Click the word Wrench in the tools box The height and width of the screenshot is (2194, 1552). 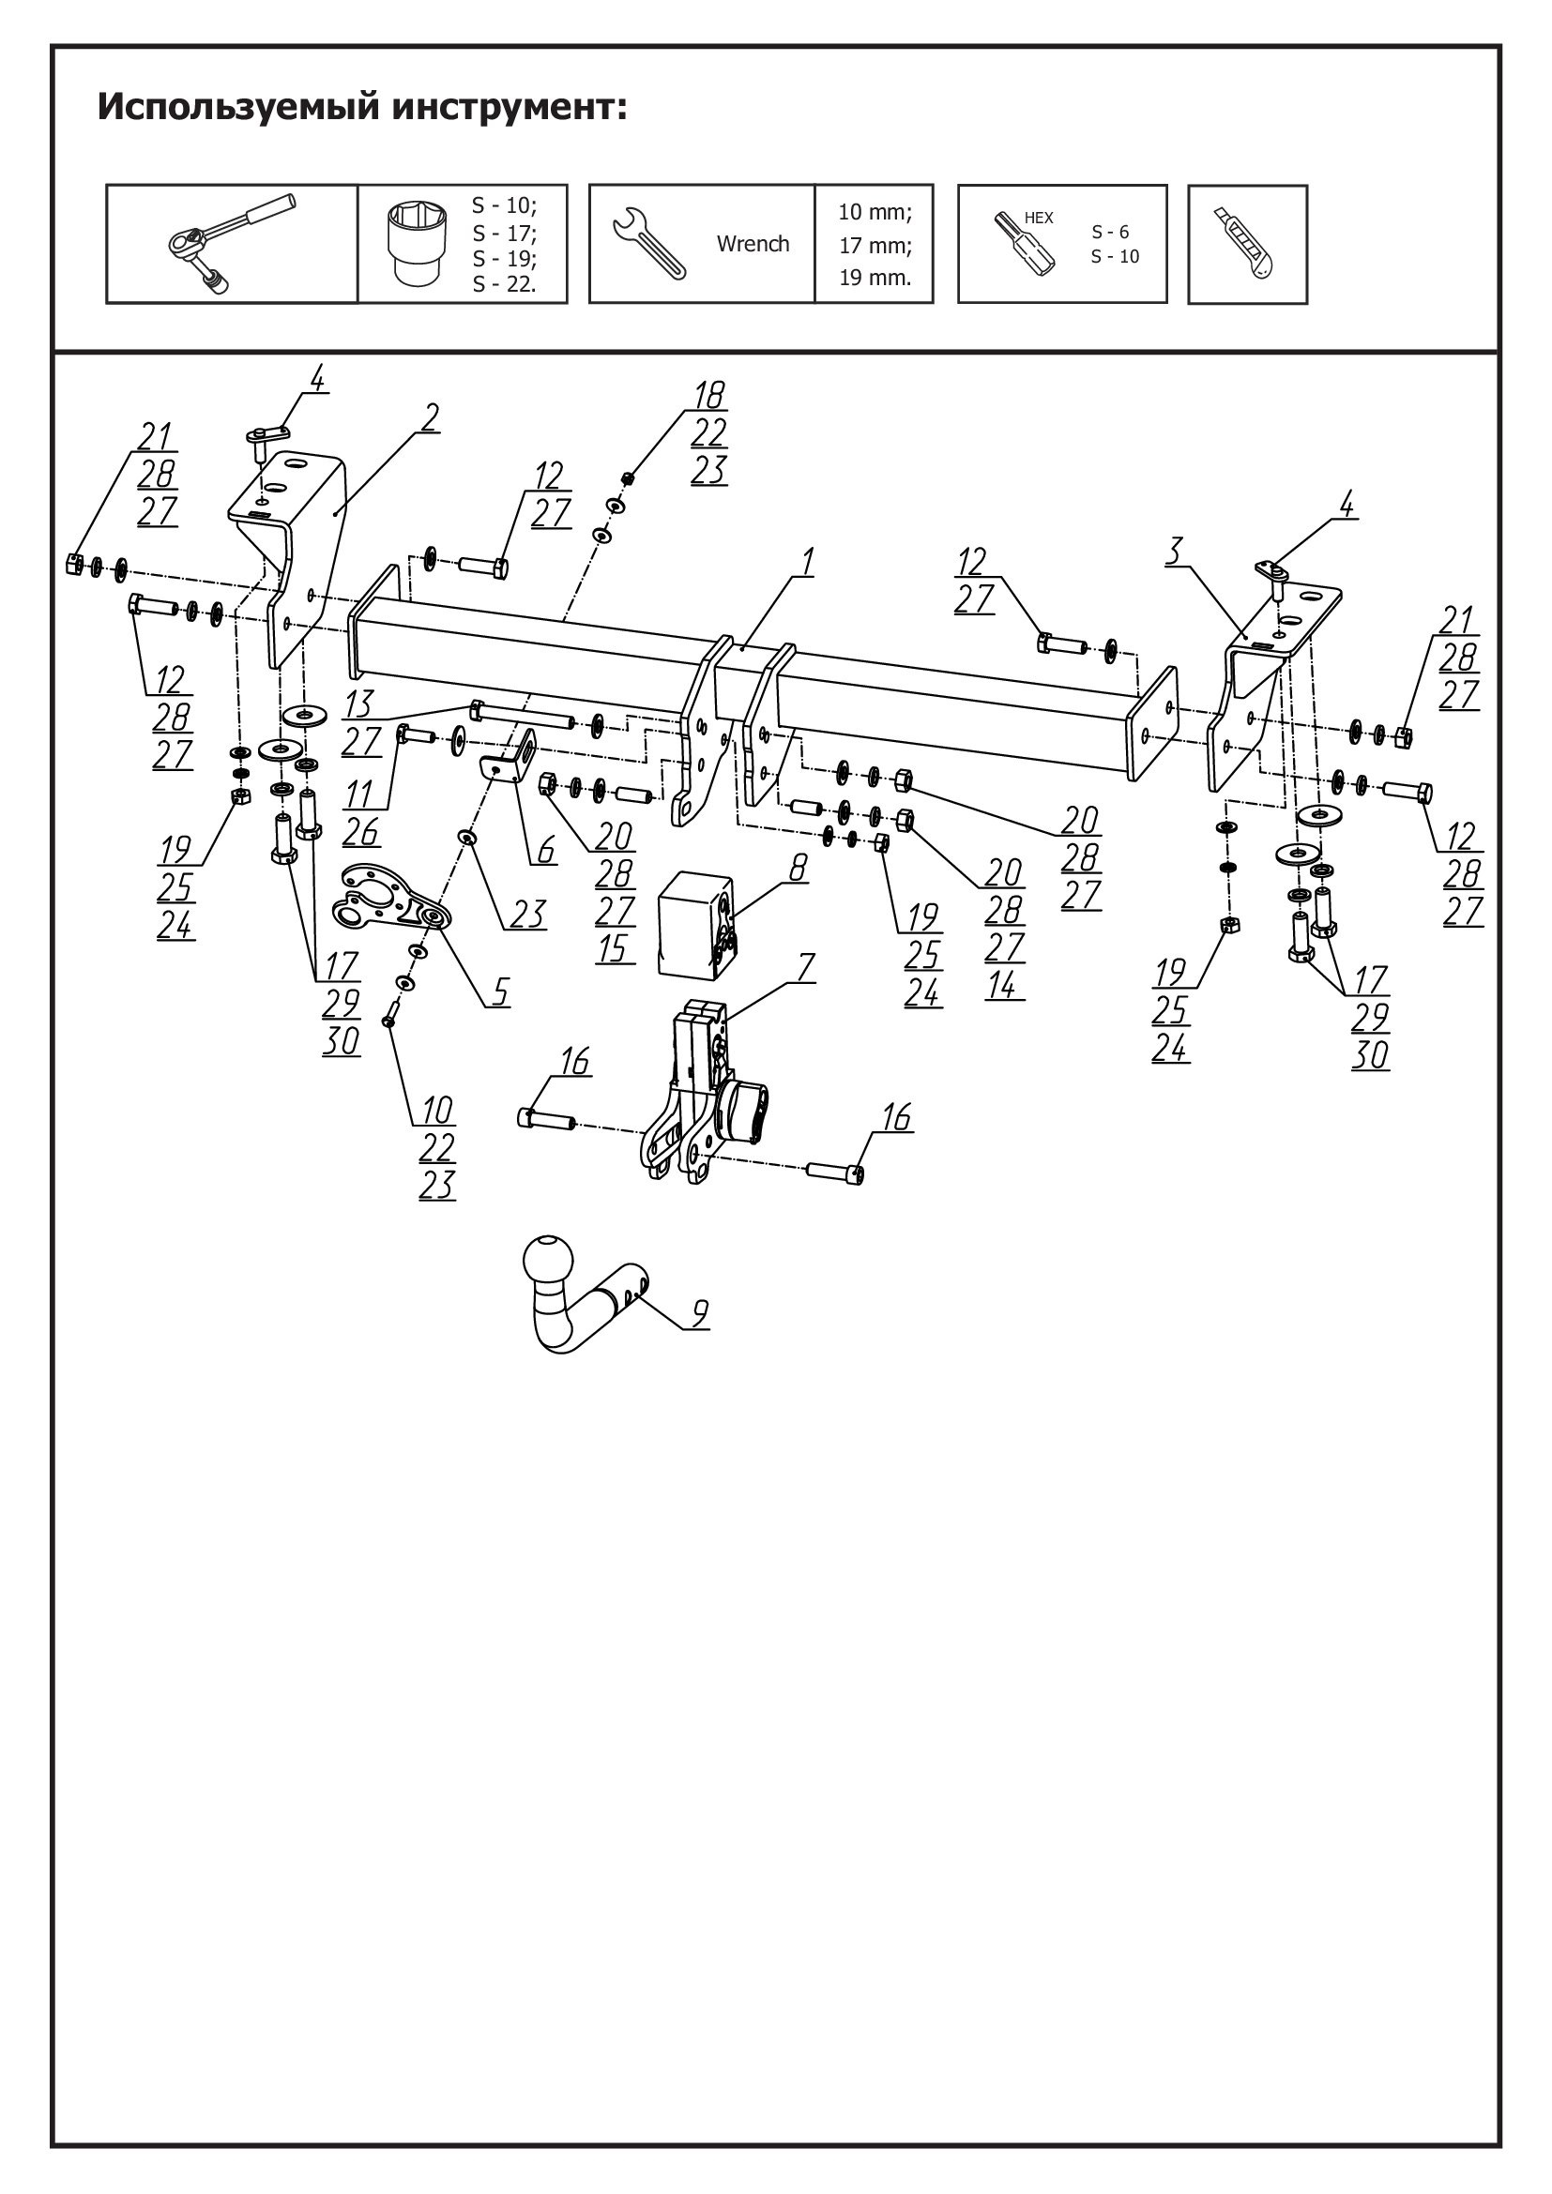[753, 244]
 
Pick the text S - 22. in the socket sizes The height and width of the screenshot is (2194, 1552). [505, 284]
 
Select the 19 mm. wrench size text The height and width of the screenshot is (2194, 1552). [875, 278]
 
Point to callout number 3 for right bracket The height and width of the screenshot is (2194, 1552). [1177, 551]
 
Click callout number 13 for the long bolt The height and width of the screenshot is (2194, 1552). [359, 704]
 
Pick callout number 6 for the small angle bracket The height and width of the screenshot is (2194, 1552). [546, 849]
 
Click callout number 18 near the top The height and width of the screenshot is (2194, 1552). [708, 394]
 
